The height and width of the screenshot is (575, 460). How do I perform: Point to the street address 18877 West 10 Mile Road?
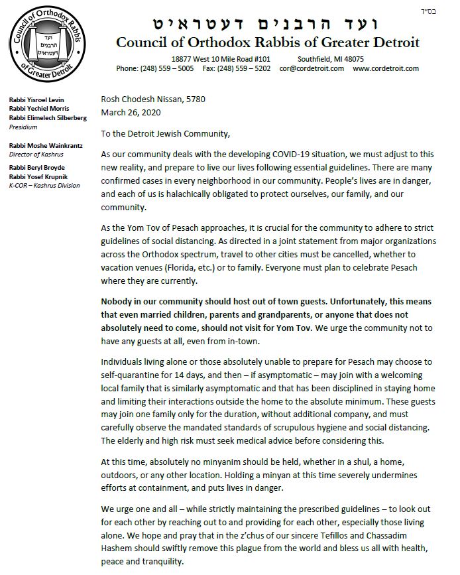(x=215, y=59)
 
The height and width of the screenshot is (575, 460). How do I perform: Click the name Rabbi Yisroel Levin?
(x=35, y=99)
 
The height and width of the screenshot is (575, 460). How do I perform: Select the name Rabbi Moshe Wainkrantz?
(x=42, y=145)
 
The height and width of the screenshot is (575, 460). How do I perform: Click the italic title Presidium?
(x=23, y=126)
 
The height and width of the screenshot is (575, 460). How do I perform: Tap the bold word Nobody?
(x=119, y=300)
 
